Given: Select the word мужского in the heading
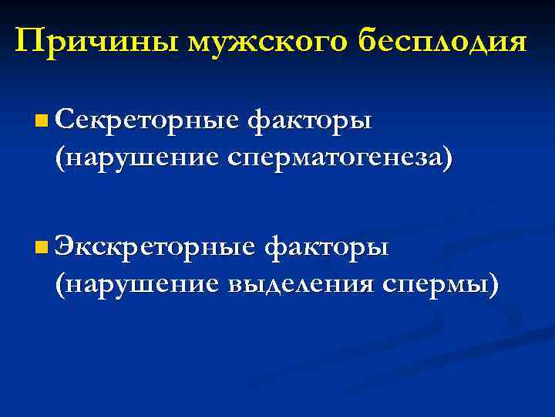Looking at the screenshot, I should point(265,41).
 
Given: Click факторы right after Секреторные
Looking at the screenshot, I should point(310,121).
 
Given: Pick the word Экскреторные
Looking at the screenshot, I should point(155,249).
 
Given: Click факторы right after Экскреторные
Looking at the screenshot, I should point(326,249).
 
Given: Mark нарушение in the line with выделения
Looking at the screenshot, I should point(139,284).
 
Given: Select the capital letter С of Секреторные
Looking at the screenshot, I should point(64,120).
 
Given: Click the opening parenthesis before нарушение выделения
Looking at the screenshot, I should point(59,285).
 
